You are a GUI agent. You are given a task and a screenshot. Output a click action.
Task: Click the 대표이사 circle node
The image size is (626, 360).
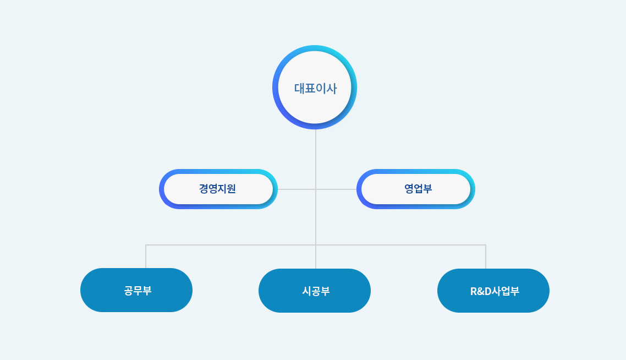pyautogui.click(x=315, y=87)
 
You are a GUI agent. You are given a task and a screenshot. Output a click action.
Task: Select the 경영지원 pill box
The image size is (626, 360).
pyautogui.click(x=218, y=189)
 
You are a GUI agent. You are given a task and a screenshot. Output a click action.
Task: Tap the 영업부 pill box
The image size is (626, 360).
pyautogui.click(x=416, y=189)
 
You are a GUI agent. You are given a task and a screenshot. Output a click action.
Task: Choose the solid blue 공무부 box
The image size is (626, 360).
pyautogui.click(x=136, y=290)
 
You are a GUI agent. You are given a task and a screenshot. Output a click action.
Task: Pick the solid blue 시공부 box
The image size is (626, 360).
pyautogui.click(x=315, y=291)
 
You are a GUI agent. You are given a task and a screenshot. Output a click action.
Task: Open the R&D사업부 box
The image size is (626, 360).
pyautogui.click(x=493, y=291)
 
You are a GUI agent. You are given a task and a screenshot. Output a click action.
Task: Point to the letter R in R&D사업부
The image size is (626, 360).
pyautogui.click(x=474, y=291)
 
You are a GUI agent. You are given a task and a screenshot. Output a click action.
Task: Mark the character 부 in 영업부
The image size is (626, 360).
pyautogui.click(x=427, y=188)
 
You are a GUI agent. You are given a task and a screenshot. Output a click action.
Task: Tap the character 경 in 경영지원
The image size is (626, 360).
pyautogui.click(x=204, y=188)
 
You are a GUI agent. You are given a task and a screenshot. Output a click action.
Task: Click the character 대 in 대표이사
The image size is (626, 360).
pyautogui.click(x=299, y=88)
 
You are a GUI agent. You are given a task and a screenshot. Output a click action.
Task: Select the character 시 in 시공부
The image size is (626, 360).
pyautogui.click(x=306, y=291)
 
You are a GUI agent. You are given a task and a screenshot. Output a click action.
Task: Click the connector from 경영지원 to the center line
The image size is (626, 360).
pyautogui.click(x=296, y=189)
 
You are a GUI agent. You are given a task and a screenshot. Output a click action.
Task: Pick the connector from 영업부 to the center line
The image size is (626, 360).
pyautogui.click(x=336, y=189)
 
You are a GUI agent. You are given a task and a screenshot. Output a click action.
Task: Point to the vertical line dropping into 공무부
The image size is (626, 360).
pyautogui.click(x=146, y=257)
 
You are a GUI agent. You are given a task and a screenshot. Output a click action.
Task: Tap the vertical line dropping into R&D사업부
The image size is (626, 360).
pyautogui.click(x=486, y=257)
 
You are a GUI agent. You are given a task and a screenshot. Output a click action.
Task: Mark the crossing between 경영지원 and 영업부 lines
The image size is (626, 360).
pyautogui.click(x=316, y=189)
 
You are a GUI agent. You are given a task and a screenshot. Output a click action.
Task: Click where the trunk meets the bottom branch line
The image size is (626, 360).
pyautogui.click(x=316, y=245)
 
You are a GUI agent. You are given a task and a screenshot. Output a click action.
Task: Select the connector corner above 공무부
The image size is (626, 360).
pyautogui.click(x=146, y=245)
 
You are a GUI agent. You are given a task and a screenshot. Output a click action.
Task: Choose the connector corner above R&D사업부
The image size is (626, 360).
pyautogui.click(x=486, y=245)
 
